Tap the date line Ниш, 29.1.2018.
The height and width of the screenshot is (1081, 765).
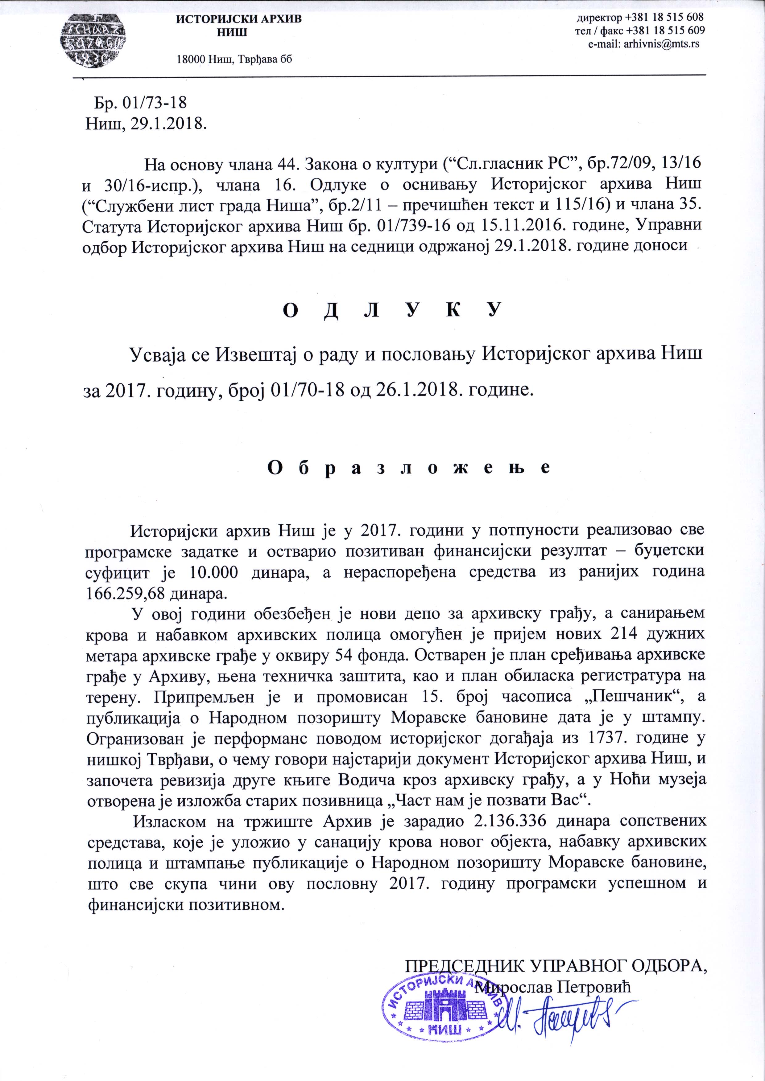click(146, 124)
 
